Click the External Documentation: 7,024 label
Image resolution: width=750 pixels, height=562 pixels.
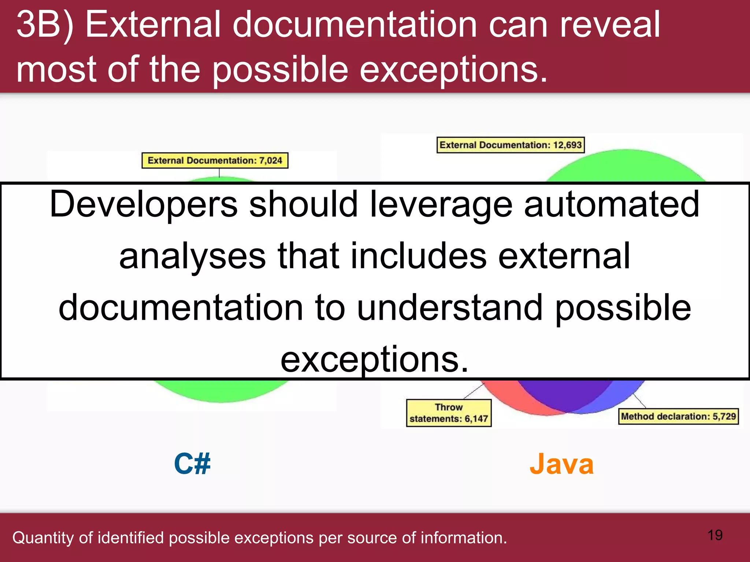[215, 161]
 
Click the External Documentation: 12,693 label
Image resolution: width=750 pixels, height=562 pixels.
[510, 145]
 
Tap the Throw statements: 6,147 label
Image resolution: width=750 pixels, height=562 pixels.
[449, 413]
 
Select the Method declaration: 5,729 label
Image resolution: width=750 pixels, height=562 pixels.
[678, 416]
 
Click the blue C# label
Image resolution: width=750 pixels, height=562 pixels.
[192, 464]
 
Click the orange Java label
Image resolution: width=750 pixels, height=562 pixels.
[561, 464]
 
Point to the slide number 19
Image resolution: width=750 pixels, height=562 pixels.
[715, 535]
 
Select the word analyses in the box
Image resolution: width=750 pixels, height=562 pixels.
[192, 256]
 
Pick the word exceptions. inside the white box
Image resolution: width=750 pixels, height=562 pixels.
[374, 359]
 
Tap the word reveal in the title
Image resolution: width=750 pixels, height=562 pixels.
[610, 25]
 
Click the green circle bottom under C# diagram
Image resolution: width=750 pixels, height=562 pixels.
[220, 391]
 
